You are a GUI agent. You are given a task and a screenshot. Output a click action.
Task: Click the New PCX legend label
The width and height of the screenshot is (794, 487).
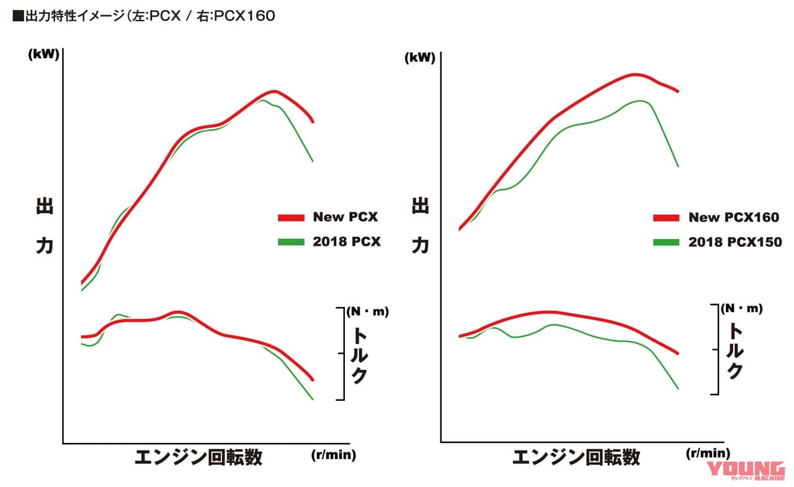coord(345,217)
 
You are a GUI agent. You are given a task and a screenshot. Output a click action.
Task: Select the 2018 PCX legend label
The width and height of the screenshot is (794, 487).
coord(346,242)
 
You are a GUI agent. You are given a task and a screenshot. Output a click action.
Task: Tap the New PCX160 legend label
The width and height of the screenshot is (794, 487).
coord(733,217)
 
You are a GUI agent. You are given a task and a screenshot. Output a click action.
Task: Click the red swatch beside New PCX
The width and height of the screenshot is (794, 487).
coord(291,218)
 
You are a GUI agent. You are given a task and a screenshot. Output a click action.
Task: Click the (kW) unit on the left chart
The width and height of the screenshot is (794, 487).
coord(43,54)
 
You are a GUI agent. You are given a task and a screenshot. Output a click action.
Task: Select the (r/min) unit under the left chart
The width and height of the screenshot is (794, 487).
coord(332,455)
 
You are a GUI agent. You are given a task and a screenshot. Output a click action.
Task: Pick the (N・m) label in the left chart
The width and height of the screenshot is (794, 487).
coord(367,311)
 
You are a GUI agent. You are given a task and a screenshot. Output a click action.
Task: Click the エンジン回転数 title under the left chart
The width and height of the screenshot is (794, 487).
coord(198,458)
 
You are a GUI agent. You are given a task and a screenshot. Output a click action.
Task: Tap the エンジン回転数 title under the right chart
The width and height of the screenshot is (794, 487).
coord(576,458)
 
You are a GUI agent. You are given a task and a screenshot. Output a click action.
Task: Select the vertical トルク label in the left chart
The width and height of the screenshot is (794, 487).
coord(359,355)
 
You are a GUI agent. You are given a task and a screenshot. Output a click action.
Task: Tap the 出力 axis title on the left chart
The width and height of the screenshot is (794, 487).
coord(45,226)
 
